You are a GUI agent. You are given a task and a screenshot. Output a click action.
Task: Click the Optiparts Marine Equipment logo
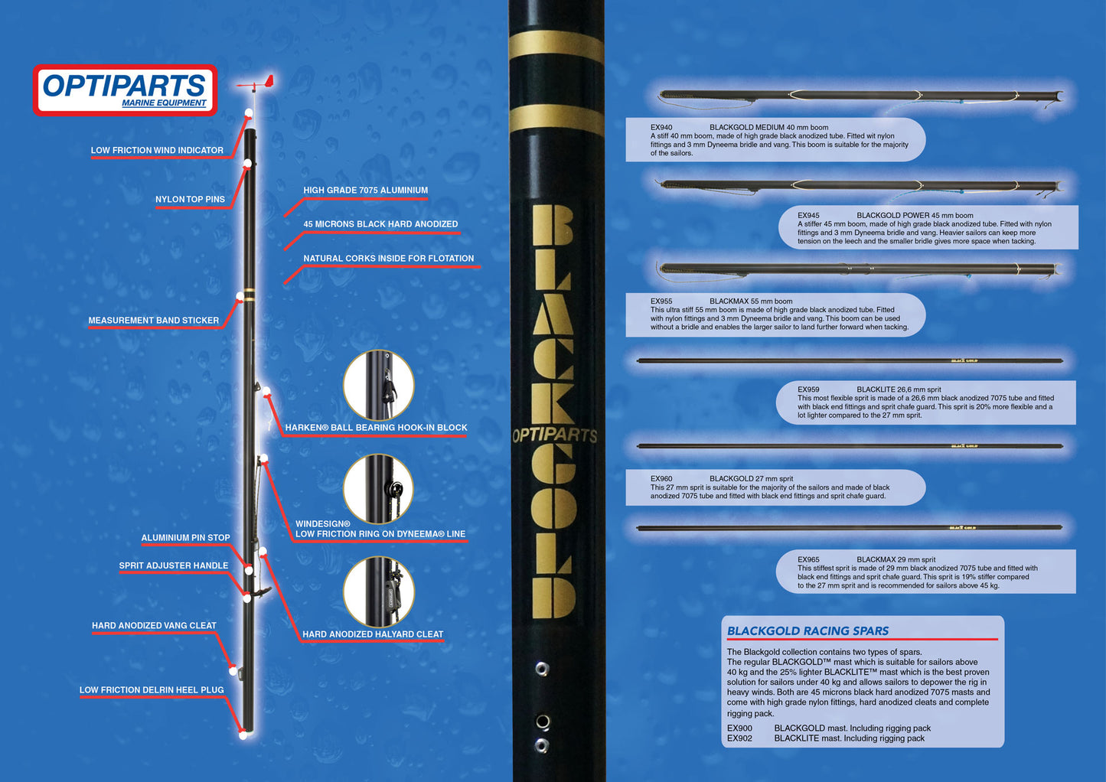click(125, 90)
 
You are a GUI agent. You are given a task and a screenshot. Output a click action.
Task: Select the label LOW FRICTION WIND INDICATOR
click(157, 150)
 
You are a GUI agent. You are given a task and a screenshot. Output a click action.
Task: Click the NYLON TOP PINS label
click(190, 199)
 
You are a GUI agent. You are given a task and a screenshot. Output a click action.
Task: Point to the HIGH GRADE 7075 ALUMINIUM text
click(365, 190)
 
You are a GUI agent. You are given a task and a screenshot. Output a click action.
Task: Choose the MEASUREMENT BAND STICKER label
click(153, 321)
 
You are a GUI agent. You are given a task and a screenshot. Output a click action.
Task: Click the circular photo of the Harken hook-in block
click(378, 386)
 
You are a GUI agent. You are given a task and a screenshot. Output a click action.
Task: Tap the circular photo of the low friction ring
click(378, 490)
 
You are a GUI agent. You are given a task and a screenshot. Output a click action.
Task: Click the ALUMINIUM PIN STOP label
click(185, 538)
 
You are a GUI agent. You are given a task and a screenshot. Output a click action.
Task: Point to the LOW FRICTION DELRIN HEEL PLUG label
click(152, 690)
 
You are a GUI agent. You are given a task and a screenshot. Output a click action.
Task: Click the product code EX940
click(661, 128)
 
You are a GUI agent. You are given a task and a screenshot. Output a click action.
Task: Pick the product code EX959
click(808, 389)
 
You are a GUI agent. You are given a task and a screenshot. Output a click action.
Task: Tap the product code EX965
click(808, 559)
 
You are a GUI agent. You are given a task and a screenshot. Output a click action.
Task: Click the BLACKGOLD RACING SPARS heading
click(807, 631)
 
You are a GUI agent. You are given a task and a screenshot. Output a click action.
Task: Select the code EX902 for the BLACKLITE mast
click(739, 738)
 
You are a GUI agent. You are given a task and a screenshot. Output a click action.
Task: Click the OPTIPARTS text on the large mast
click(555, 435)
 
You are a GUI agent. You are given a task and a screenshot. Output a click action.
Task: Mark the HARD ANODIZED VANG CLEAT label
click(154, 626)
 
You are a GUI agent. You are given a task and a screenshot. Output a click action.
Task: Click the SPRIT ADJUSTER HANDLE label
click(173, 565)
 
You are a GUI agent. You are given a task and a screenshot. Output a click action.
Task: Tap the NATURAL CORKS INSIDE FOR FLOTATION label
click(388, 259)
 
